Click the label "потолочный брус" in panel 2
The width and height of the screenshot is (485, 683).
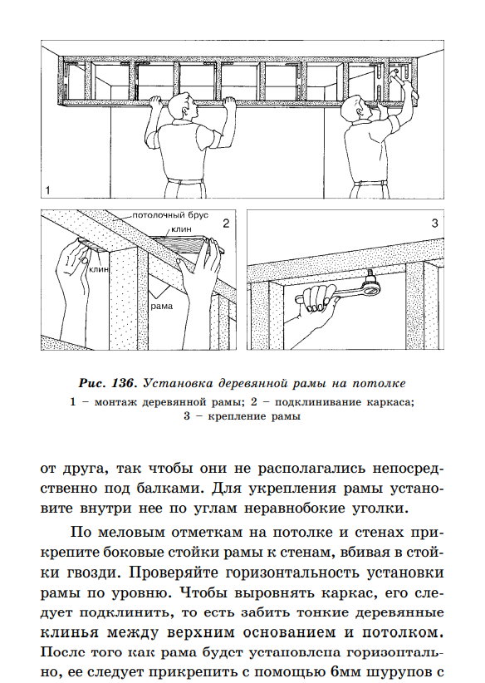(x=170, y=215)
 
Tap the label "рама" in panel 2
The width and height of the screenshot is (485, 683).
(x=161, y=307)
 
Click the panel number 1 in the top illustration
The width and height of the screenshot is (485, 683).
(x=48, y=190)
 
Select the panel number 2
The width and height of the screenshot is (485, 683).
(x=226, y=224)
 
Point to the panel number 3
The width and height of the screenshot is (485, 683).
(x=434, y=224)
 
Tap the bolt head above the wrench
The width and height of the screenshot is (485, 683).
(x=371, y=275)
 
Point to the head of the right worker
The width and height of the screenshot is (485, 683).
(x=356, y=111)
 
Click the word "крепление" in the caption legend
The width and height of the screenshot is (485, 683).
(x=237, y=416)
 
